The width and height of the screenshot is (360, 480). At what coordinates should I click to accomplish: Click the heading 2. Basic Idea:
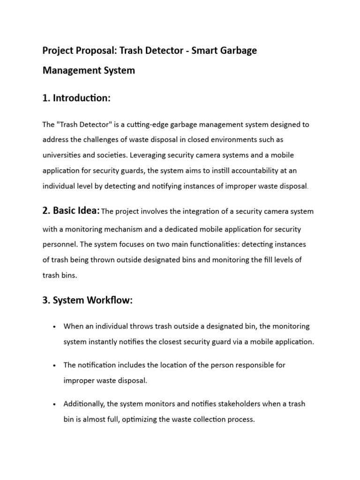point(71,211)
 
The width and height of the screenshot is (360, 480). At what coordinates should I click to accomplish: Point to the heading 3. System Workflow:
point(88,301)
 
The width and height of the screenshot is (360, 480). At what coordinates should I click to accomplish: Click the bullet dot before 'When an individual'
point(55,327)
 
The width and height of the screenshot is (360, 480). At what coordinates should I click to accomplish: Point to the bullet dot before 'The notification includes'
point(55,365)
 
